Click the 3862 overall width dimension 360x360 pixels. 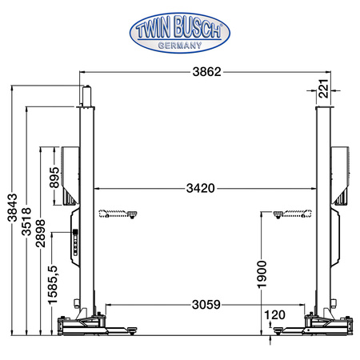pyautogui.click(x=207, y=72)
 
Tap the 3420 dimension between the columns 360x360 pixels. pyautogui.click(x=201, y=188)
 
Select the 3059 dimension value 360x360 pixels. pyautogui.click(x=206, y=304)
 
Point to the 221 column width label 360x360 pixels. pyautogui.click(x=323, y=89)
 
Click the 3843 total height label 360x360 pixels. pyautogui.click(x=12, y=207)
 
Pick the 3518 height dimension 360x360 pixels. pyautogui.click(x=26, y=222)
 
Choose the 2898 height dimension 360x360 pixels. pyautogui.click(x=40, y=234)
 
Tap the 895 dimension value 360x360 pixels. pyautogui.click(x=54, y=178)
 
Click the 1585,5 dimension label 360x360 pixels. pyautogui.click(x=53, y=285)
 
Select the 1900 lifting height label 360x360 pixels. pyautogui.click(x=262, y=274)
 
